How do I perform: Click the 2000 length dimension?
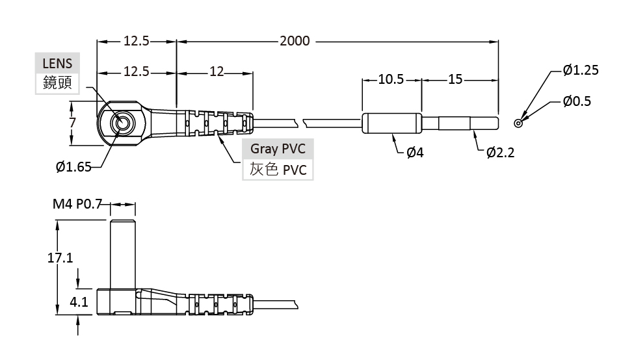click(x=295, y=41)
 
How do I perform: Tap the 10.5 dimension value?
click(x=391, y=79)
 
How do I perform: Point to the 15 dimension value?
click(x=455, y=79)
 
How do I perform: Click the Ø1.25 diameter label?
click(x=580, y=70)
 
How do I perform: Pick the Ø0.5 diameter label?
click(x=577, y=101)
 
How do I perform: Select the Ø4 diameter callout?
click(x=415, y=153)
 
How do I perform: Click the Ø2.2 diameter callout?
click(x=500, y=153)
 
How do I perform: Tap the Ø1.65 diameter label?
click(x=73, y=167)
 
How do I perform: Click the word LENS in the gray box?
click(x=57, y=64)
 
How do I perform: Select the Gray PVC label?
click(x=278, y=149)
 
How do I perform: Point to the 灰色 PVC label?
click(x=278, y=170)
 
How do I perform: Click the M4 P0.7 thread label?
click(x=77, y=205)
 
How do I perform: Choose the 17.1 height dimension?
click(x=60, y=258)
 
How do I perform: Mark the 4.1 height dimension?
click(x=78, y=302)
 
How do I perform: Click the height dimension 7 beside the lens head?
click(x=73, y=122)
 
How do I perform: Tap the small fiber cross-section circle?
click(x=518, y=123)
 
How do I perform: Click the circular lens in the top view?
click(x=122, y=122)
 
